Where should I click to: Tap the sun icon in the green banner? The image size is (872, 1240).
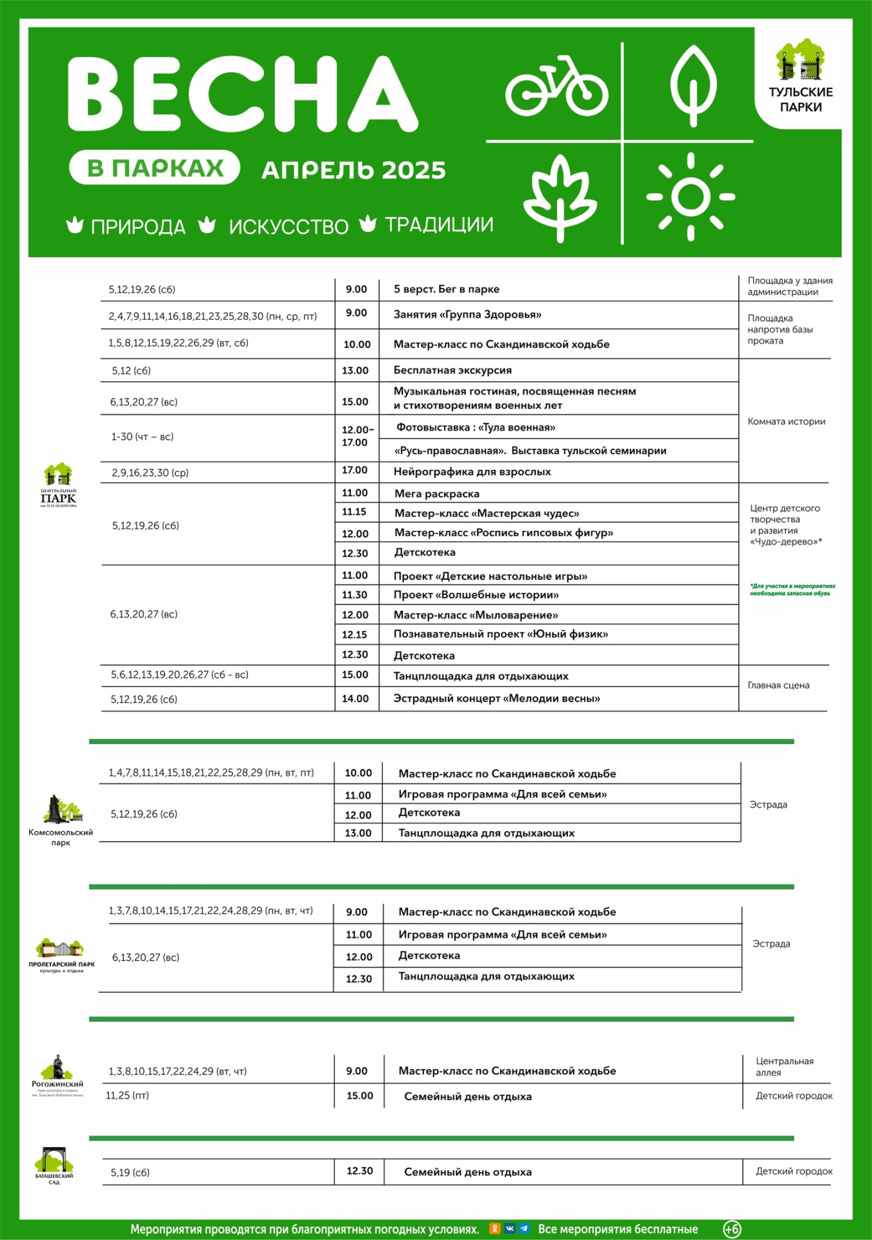691,196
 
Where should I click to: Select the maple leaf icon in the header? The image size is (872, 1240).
560,196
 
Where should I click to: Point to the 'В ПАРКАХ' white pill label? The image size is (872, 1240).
155,168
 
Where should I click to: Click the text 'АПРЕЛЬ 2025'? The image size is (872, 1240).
354,170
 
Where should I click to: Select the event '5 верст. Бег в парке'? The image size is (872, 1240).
446,289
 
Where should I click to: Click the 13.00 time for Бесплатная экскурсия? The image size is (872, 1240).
355,371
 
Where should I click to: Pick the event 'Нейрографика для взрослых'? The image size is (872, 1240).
472,472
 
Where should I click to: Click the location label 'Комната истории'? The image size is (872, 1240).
786,422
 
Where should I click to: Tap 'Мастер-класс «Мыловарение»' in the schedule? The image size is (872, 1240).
476,615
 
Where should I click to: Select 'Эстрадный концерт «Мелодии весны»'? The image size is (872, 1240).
496,698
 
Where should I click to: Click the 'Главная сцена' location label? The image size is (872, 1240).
778,685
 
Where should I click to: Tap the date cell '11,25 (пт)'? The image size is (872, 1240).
127,1095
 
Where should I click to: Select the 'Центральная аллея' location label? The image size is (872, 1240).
784,1066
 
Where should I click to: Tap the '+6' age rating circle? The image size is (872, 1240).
732,1229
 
